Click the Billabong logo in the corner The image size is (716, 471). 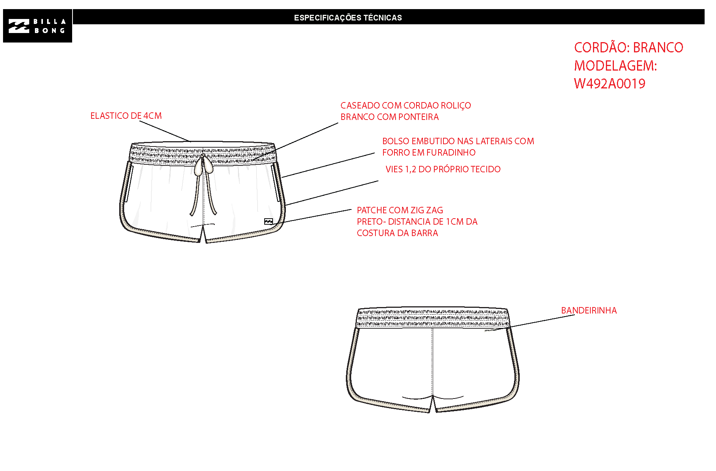pyautogui.click(x=37, y=26)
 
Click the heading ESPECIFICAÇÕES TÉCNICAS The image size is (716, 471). pyautogui.click(x=348, y=17)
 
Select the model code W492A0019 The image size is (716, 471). pyautogui.click(x=609, y=83)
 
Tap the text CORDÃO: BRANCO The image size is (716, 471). pyautogui.click(x=628, y=47)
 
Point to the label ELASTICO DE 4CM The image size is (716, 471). pyautogui.click(x=126, y=116)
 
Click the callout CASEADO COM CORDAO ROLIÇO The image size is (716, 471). pyautogui.click(x=405, y=106)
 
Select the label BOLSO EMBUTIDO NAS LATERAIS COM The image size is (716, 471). pyautogui.click(x=458, y=141)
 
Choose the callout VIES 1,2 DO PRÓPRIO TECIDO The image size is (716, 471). pyautogui.click(x=443, y=169)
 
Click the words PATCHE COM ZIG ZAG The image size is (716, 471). pyautogui.click(x=400, y=210)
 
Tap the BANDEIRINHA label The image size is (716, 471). pyautogui.click(x=589, y=310)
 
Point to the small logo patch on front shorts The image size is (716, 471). pyautogui.click(x=268, y=222)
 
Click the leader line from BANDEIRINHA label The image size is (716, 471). pyautogui.click(x=533, y=323)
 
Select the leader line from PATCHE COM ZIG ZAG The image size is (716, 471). pyautogui.click(x=313, y=217)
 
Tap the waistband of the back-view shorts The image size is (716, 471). pyautogui.click(x=433, y=317)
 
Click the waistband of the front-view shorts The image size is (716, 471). pyautogui.click(x=203, y=153)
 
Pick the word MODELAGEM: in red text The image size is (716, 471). pyautogui.click(x=615, y=66)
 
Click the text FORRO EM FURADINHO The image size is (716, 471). pyautogui.click(x=429, y=153)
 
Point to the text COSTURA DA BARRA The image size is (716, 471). pyautogui.click(x=397, y=233)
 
